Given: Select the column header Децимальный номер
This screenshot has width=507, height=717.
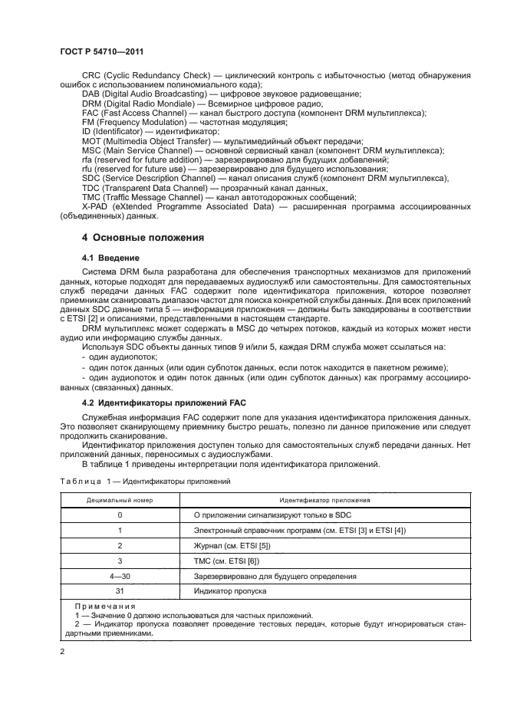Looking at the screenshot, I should tap(120, 499).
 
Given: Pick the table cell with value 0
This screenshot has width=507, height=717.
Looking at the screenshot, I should tap(120, 515).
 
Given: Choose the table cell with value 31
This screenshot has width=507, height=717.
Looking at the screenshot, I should tap(120, 590).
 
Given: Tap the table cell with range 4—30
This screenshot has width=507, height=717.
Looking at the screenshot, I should tap(120, 575).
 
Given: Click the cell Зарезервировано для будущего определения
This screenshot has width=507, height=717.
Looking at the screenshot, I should tap(275, 575).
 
